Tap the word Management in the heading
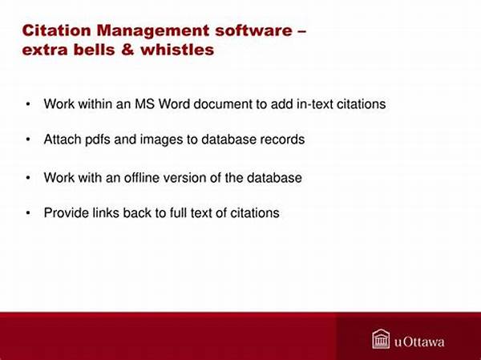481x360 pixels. click(x=153, y=31)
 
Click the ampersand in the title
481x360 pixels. click(x=127, y=50)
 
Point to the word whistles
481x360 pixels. click(x=177, y=50)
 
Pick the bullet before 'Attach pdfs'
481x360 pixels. click(x=28, y=140)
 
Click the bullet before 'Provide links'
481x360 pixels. click(x=28, y=213)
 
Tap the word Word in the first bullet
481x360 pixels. click(x=174, y=104)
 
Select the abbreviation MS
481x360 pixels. click(x=144, y=104)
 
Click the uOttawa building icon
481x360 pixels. click(x=381, y=339)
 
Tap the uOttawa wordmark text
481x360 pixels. click(x=419, y=342)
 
